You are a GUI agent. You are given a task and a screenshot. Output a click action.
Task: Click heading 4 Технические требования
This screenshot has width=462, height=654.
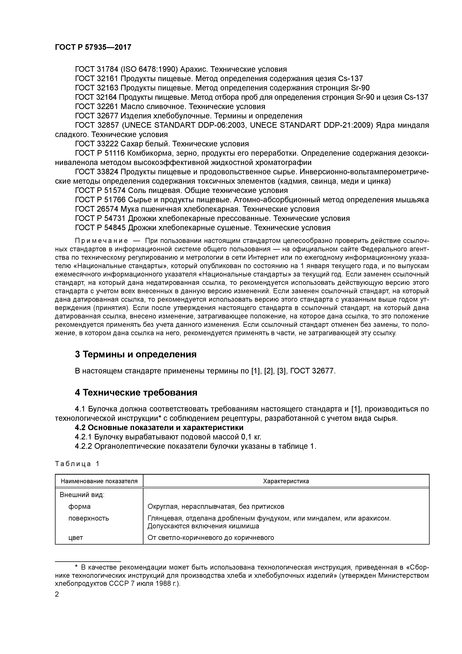pyautogui.click(x=136, y=392)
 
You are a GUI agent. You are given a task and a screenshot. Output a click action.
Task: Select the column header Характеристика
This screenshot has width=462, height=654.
pyautogui.click(x=286, y=481)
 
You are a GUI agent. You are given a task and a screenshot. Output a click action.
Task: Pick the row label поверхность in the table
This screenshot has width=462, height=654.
pyautogui.click(x=88, y=518)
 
